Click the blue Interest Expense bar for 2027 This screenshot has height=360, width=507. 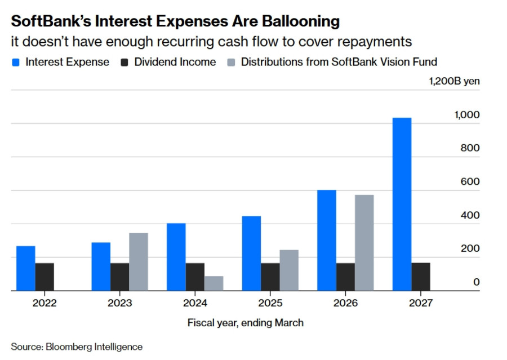(402, 204)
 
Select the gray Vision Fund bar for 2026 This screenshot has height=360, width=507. (364, 243)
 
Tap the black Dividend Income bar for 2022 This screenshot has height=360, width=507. (45, 277)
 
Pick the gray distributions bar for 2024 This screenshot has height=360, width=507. (214, 283)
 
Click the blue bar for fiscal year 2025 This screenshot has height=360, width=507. (252, 254)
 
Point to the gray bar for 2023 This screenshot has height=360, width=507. (139, 261)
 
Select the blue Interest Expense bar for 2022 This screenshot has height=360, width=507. (26, 269)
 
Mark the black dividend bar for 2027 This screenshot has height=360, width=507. (421, 277)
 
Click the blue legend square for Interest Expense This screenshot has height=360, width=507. (16, 63)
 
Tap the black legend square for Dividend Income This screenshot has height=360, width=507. (124, 63)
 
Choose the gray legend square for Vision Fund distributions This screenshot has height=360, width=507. (231, 63)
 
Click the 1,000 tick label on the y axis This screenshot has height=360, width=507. (467, 115)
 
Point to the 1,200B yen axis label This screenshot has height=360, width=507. (454, 81)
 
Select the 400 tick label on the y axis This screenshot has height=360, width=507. (470, 215)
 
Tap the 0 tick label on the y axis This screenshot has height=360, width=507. (476, 282)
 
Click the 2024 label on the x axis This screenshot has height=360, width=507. (195, 303)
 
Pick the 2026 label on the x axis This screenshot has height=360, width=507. (346, 303)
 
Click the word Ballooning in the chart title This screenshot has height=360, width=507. (301, 21)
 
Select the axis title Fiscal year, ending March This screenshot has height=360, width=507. (246, 323)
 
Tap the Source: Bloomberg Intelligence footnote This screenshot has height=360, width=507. (77, 346)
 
